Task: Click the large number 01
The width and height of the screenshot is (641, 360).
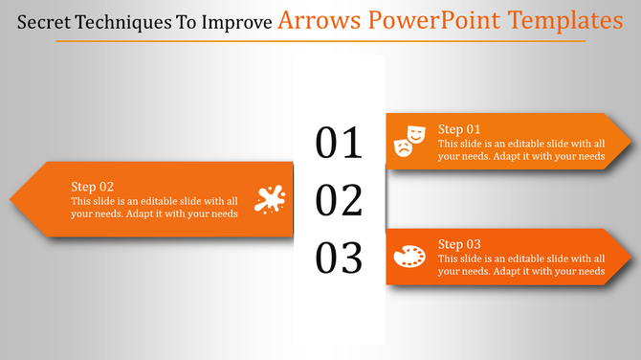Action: pyautogui.click(x=340, y=143)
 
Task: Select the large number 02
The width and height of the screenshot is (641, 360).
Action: pyautogui.click(x=340, y=201)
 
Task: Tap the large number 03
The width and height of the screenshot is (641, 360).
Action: pyautogui.click(x=340, y=259)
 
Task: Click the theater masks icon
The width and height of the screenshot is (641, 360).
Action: pyautogui.click(x=409, y=141)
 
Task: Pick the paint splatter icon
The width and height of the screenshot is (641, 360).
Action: pyautogui.click(x=270, y=198)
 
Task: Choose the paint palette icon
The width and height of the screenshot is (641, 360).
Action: pyautogui.click(x=409, y=257)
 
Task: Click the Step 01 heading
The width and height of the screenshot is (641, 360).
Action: pyautogui.click(x=459, y=128)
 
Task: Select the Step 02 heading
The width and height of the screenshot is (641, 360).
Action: pyautogui.click(x=93, y=186)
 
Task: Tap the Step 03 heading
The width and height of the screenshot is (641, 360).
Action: pyautogui.click(x=459, y=244)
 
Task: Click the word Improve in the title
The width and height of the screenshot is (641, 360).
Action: pyautogui.click(x=235, y=21)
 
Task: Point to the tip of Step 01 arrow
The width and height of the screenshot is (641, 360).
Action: pyautogui.click(x=630, y=142)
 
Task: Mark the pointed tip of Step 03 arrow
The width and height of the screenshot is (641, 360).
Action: pyautogui.click(x=630, y=257)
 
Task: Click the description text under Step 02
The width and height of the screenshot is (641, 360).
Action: pyautogui.click(x=154, y=207)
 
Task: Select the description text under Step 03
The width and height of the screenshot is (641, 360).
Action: pyautogui.click(x=521, y=265)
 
